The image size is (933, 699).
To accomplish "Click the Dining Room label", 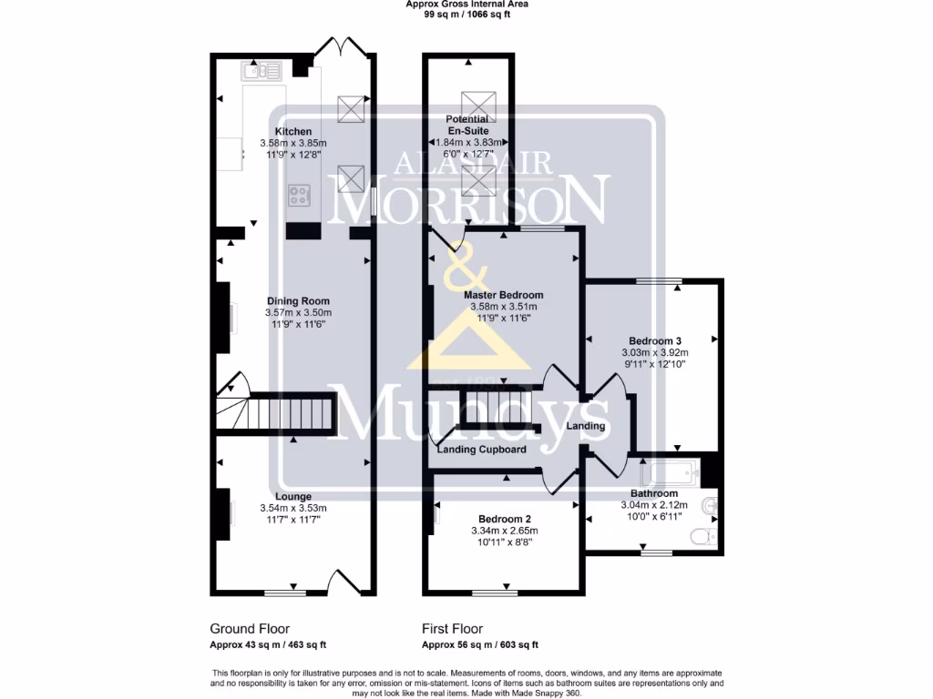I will (x=298, y=301).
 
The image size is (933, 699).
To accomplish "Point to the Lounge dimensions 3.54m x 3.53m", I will (x=294, y=508).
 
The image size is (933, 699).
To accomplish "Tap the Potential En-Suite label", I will (x=467, y=125).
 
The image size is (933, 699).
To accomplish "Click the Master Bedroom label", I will (x=503, y=295).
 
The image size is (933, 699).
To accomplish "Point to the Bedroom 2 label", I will (x=504, y=519).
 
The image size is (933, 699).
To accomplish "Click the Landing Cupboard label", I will (x=481, y=450).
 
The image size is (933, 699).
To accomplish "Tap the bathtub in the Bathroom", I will (x=670, y=473).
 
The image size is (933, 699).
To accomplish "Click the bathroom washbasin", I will (x=710, y=504).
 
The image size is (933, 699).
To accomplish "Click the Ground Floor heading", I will (x=250, y=629).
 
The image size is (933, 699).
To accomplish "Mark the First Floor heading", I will (x=452, y=629).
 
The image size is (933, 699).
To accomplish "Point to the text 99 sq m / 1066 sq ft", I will (x=466, y=15).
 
